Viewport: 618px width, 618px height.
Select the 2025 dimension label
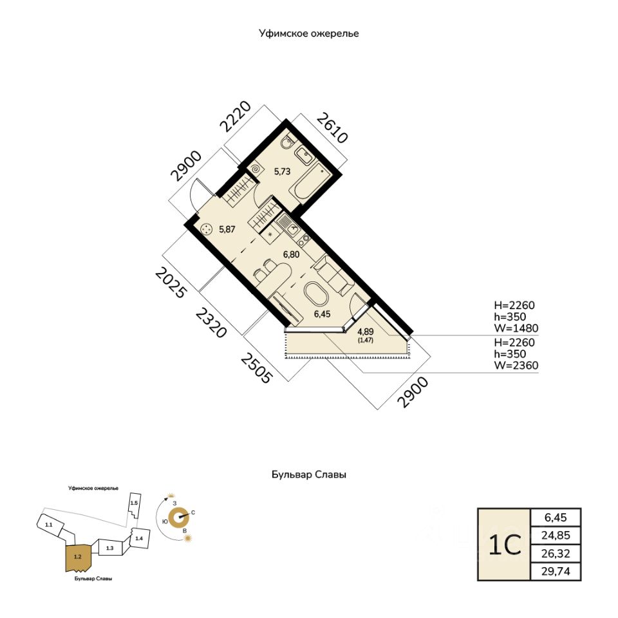pos(171,283)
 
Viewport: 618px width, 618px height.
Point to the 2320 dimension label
pos(211,322)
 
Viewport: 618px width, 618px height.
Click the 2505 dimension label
pos(257,368)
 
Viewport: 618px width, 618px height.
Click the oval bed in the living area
pos(317,295)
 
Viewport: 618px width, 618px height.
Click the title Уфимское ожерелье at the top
pos(308,32)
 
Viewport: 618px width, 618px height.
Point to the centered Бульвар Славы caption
pos(308,475)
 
